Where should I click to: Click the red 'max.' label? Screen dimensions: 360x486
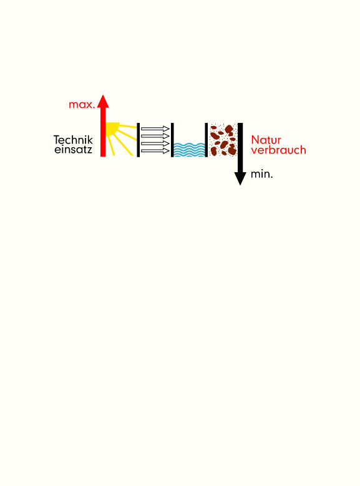pyautogui.click(x=82, y=105)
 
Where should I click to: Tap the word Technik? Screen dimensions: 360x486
pyautogui.click(x=73, y=140)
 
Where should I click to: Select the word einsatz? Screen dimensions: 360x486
pyautogui.click(x=73, y=149)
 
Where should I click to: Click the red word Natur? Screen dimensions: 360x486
pyautogui.click(x=266, y=140)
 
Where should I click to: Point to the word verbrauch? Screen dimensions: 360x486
pyautogui.click(x=278, y=150)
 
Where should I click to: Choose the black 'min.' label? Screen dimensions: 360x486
pyautogui.click(x=261, y=175)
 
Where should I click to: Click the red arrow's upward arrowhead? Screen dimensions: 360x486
pyautogui.click(x=103, y=101)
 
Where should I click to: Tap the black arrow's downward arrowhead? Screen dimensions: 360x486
pyautogui.click(x=240, y=178)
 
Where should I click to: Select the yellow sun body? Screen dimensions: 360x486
pyautogui.click(x=112, y=129)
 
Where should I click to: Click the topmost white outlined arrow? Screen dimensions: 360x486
pyautogui.click(x=155, y=129)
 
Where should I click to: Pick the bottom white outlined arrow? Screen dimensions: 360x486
pyautogui.click(x=155, y=151)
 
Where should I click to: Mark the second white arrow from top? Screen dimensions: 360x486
pyautogui.click(x=155, y=136)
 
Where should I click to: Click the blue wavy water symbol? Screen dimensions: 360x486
pyautogui.click(x=189, y=150)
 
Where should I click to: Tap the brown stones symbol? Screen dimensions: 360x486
pyautogui.click(x=223, y=140)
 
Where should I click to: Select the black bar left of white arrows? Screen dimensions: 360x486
pyautogui.click(x=139, y=140)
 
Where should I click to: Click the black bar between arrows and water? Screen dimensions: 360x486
pyautogui.click(x=172, y=140)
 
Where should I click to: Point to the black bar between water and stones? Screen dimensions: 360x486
pyautogui.click(x=206, y=140)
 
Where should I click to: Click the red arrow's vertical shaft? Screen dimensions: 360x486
pyautogui.click(x=103, y=132)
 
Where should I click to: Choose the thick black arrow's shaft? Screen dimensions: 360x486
pyautogui.click(x=240, y=148)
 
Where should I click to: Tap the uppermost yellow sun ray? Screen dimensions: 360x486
pyautogui.click(x=128, y=126)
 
